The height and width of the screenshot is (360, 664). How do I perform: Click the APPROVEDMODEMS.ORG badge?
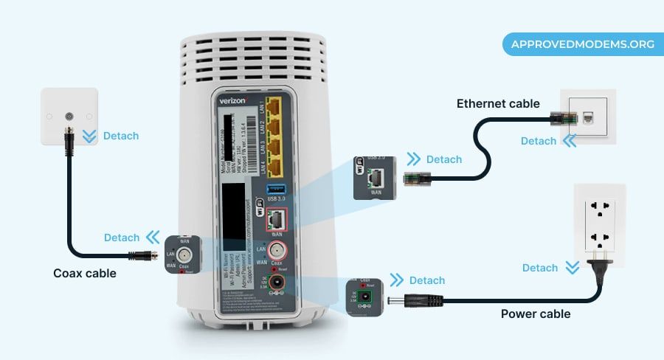(x=579, y=44)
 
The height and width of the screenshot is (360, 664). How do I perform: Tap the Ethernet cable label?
(x=498, y=103)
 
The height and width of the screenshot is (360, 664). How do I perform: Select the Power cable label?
(x=536, y=314)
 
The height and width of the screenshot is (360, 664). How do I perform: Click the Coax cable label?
(x=85, y=273)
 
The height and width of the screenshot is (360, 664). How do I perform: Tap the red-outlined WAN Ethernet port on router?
(x=277, y=219)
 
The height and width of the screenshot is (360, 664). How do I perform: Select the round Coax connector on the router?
(x=277, y=249)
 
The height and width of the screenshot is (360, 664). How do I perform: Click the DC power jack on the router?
(x=278, y=283)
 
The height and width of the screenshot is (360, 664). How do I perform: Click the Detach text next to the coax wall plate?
(x=121, y=136)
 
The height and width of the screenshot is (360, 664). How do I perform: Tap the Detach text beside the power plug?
(x=540, y=268)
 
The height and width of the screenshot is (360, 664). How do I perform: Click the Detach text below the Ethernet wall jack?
(x=539, y=141)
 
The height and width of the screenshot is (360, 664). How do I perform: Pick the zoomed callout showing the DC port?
(x=364, y=297)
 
